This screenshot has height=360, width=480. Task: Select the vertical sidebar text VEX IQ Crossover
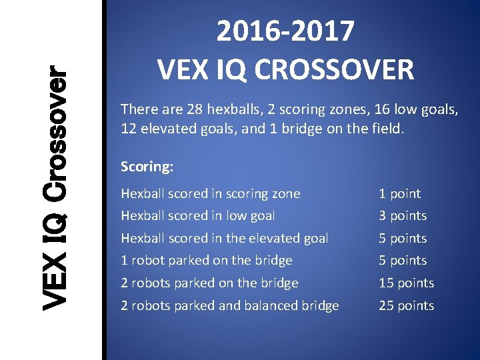click(54, 189)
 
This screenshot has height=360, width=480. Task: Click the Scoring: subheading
click(147, 167)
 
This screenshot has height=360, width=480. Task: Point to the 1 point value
click(400, 194)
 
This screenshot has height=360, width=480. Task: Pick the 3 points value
click(403, 216)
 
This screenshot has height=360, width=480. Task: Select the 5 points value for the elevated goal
click(403, 239)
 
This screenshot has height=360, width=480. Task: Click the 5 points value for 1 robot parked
click(403, 261)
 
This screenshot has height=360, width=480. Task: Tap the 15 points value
click(406, 283)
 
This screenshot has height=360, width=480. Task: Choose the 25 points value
click(406, 306)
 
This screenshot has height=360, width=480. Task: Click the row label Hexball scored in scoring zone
click(210, 194)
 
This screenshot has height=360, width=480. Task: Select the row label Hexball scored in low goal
click(197, 216)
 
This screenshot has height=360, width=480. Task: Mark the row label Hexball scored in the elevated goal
click(224, 239)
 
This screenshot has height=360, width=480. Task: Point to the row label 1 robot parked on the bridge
click(206, 261)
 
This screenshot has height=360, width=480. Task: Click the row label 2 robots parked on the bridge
click(209, 283)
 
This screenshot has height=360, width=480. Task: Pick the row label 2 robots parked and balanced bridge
click(229, 306)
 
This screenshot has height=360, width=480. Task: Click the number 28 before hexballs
click(195, 109)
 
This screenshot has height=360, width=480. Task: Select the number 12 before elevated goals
click(129, 128)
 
